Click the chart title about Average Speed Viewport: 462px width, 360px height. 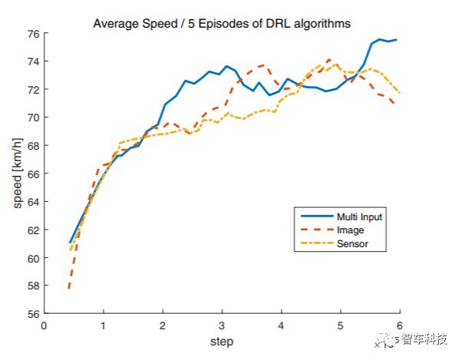(222, 23)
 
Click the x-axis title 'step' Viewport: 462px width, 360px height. (221, 341)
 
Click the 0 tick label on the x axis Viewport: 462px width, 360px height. (44, 325)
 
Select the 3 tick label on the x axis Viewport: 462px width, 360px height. (222, 325)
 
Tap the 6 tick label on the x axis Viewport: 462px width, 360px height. (400, 325)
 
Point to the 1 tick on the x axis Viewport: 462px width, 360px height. (103, 325)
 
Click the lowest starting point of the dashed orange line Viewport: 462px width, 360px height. (69, 288)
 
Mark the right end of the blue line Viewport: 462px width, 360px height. (396, 39)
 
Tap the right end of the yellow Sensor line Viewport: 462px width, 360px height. (399, 92)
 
